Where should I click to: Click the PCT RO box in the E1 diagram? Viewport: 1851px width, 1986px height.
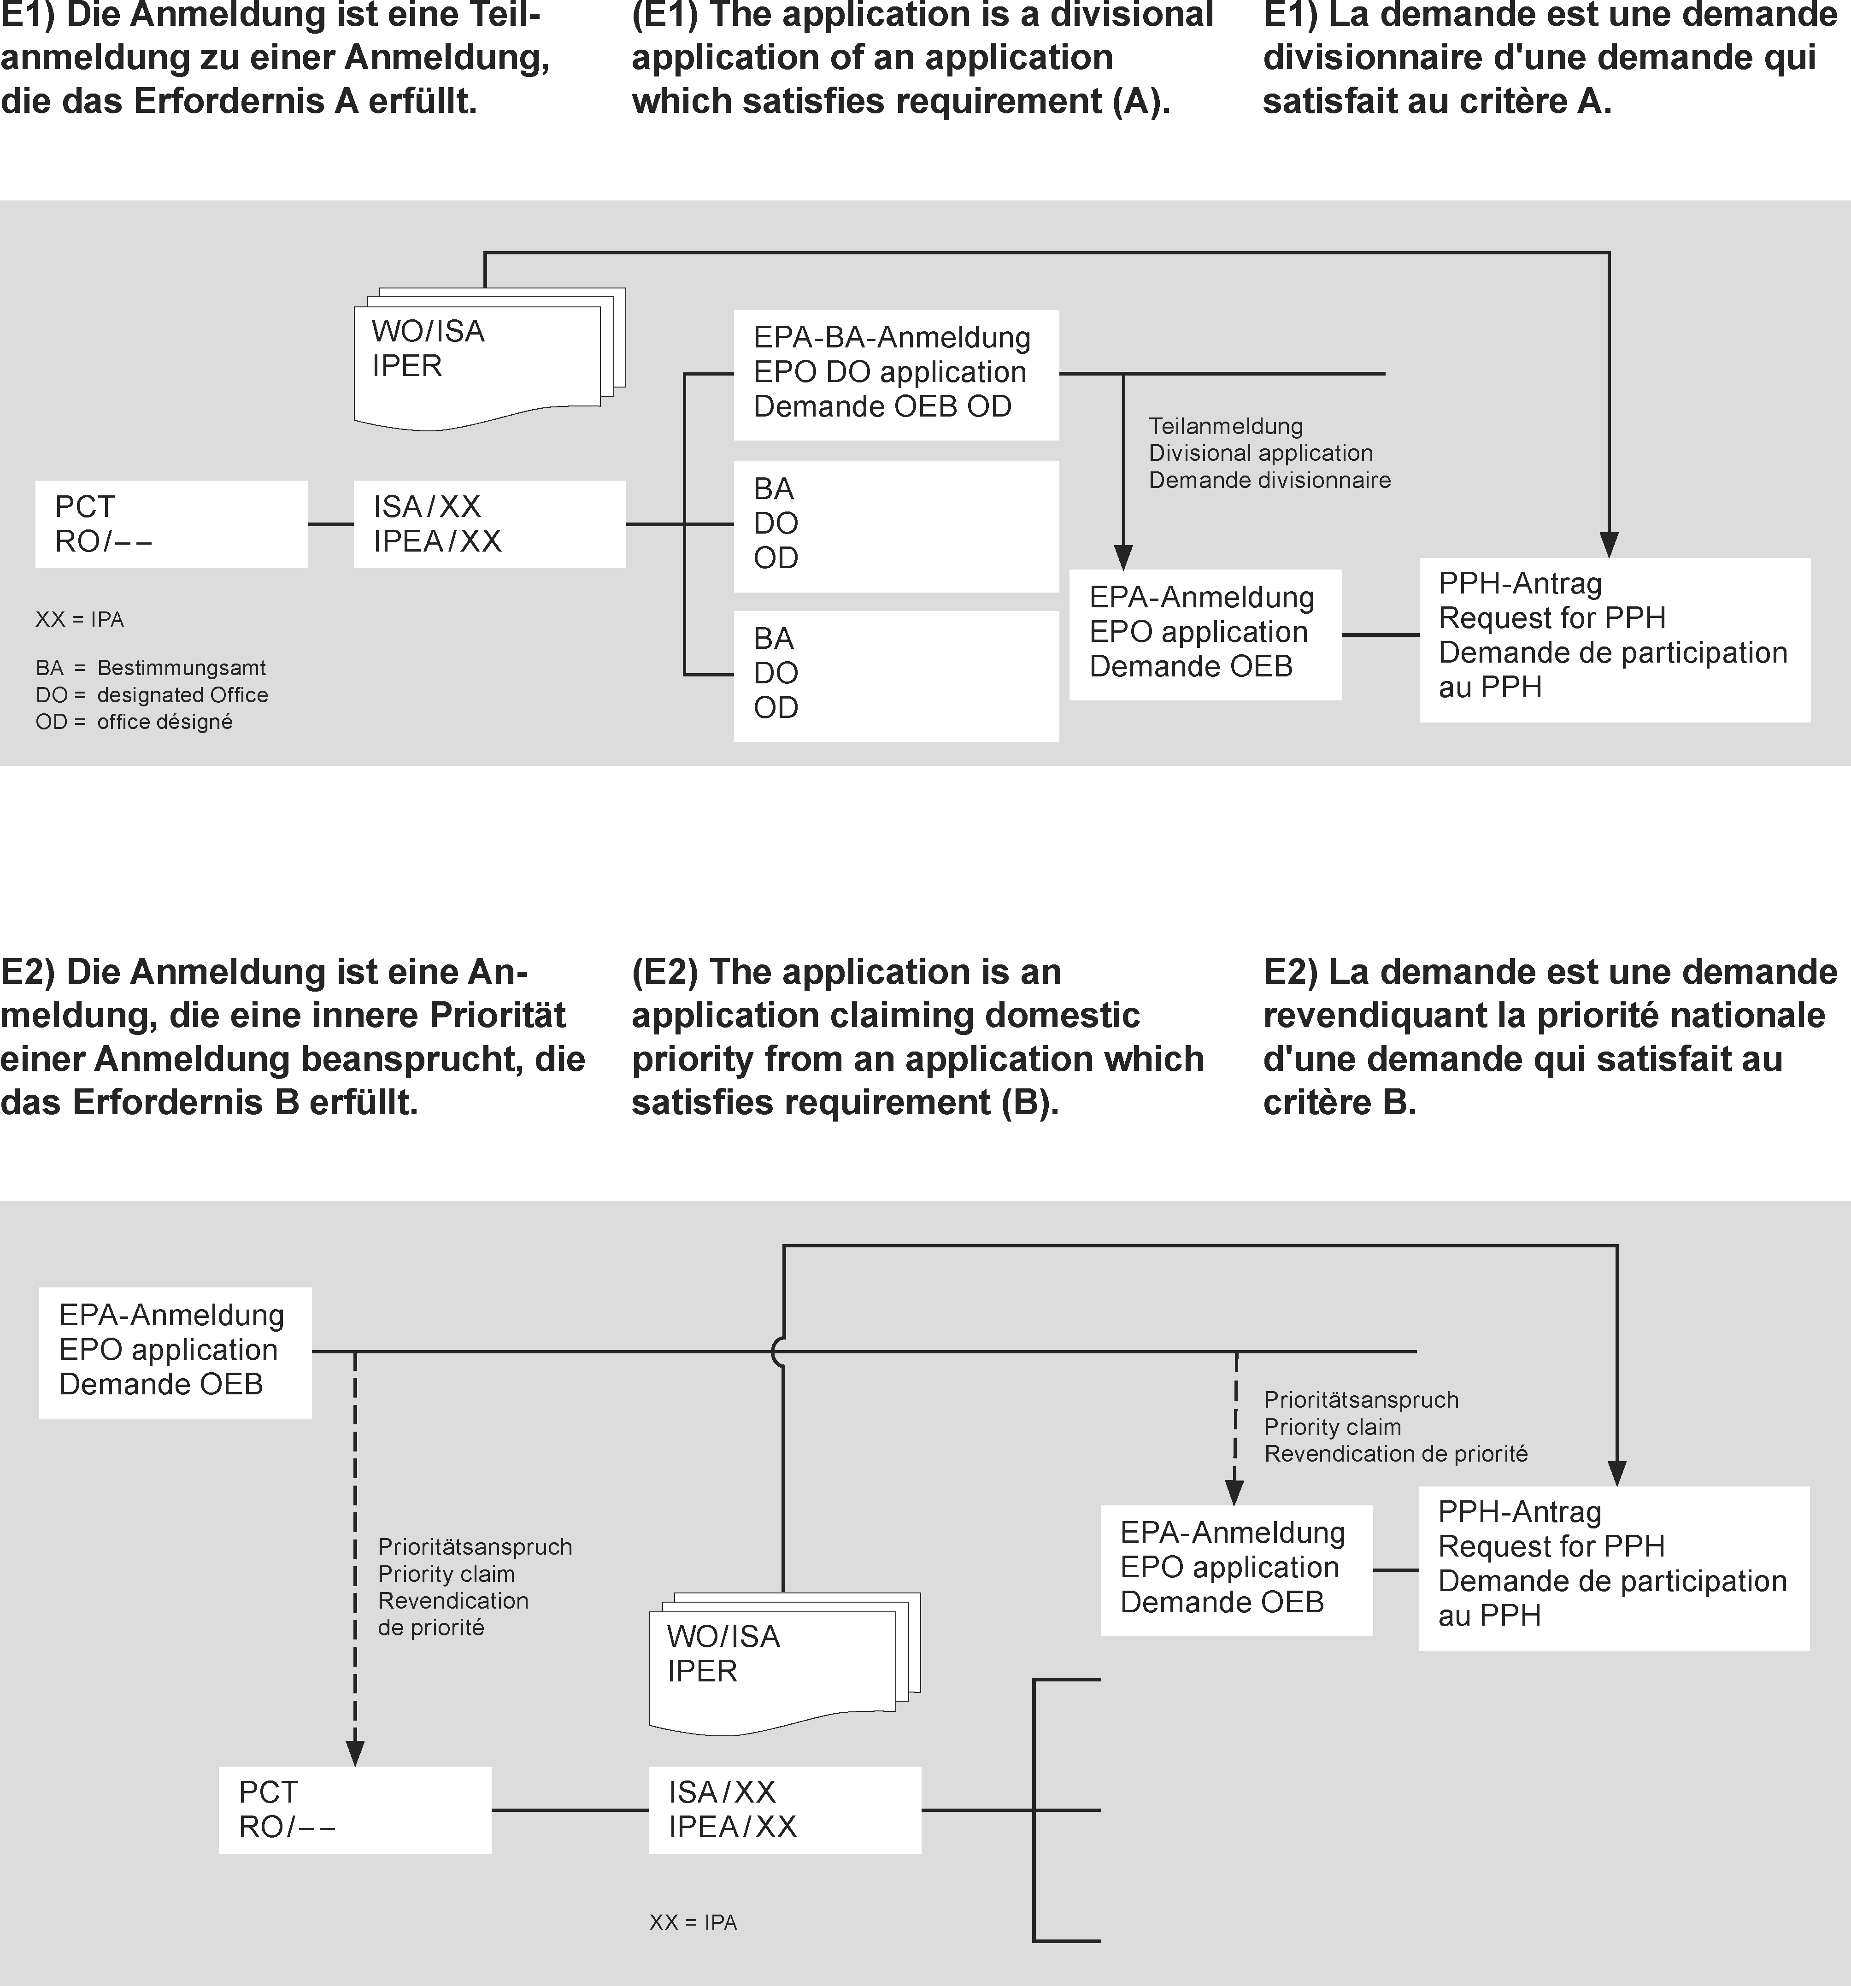(x=171, y=524)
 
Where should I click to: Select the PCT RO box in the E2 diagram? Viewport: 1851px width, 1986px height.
(x=355, y=1810)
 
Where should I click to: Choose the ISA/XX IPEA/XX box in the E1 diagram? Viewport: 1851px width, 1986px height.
(x=489, y=524)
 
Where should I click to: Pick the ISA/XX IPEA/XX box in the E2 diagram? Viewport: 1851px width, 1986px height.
(x=784, y=1810)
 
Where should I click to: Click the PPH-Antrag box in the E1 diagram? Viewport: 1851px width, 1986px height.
(x=1614, y=640)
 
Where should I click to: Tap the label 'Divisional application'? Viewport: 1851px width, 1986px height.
(x=1261, y=453)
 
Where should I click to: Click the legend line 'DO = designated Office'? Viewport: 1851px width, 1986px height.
(x=152, y=695)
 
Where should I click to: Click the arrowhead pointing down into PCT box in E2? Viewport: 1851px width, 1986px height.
(x=355, y=1753)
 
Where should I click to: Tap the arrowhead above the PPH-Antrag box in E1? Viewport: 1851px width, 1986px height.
(x=1608, y=545)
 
